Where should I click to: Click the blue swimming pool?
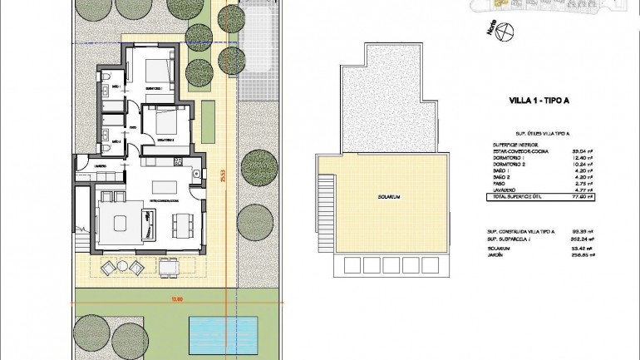point(217,332)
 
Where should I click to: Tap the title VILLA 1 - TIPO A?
point(539,101)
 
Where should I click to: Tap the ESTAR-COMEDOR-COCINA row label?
point(519,150)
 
